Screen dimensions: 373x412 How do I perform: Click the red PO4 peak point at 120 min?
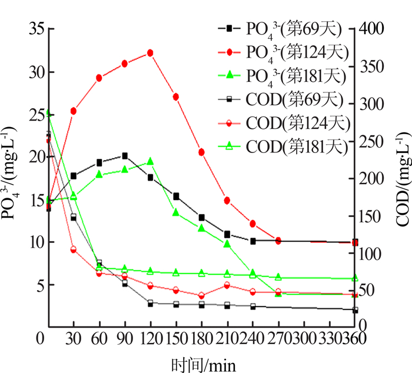(x=150, y=53)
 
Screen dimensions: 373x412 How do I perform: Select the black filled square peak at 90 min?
(x=125, y=156)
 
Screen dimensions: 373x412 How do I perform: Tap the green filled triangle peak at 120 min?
(x=150, y=161)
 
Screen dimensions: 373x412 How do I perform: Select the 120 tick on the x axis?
(x=150, y=339)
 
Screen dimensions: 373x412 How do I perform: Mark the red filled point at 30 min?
(x=74, y=111)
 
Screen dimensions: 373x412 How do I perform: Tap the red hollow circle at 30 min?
(x=74, y=250)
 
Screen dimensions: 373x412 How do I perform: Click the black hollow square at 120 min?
(x=150, y=303)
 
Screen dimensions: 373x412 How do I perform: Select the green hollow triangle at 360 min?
(x=355, y=278)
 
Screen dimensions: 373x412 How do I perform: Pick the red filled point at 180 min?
(x=201, y=152)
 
